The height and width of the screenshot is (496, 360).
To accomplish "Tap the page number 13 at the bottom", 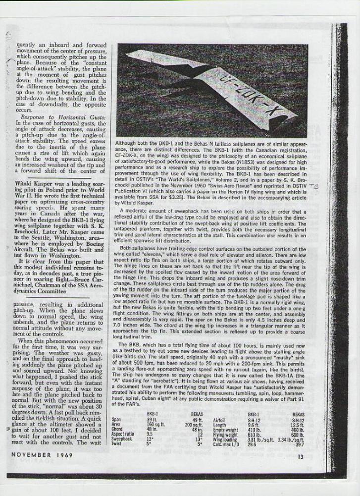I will (300, 457).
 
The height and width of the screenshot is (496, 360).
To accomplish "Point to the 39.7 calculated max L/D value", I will (299, 445).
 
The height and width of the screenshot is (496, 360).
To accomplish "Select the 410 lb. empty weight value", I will (254, 429).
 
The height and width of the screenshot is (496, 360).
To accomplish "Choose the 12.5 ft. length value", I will (299, 424).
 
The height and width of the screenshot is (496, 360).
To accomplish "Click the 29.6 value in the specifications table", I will (253, 445).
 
